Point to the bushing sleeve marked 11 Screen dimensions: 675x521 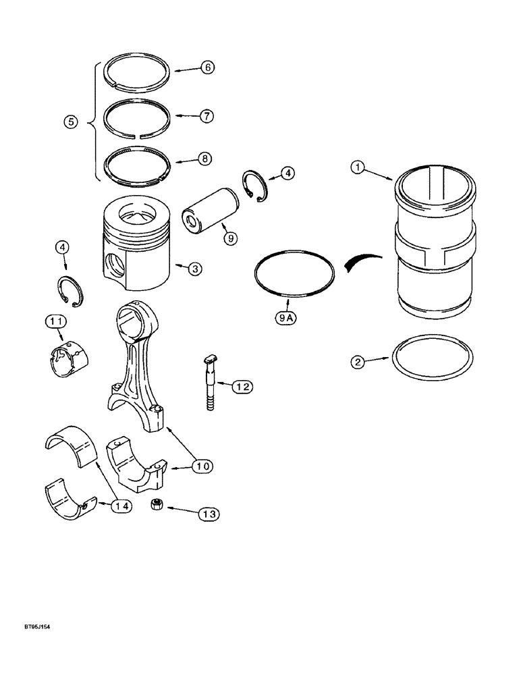pos(70,354)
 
